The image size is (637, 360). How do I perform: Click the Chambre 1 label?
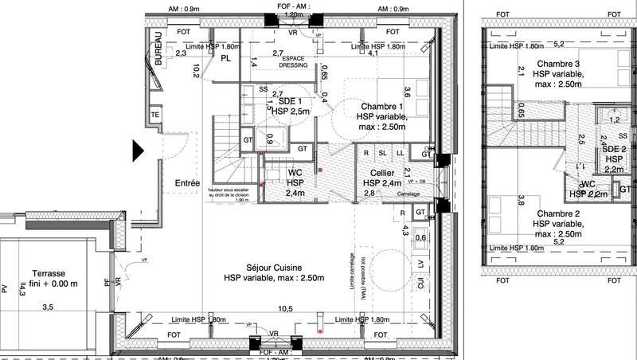point(382,107)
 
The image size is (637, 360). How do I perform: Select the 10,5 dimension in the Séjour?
point(285,309)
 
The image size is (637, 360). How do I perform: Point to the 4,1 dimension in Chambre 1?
point(373,54)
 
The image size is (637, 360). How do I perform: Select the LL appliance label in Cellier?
point(401,152)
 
